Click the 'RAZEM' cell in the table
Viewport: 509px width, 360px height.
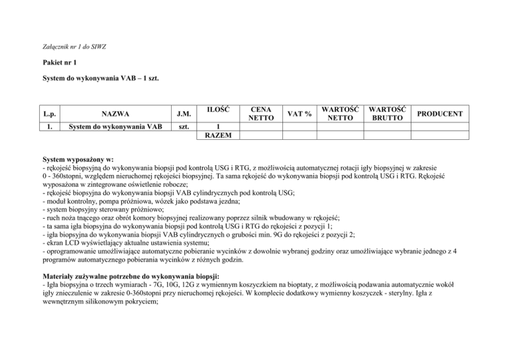219,137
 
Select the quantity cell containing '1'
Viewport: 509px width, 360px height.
219,128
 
